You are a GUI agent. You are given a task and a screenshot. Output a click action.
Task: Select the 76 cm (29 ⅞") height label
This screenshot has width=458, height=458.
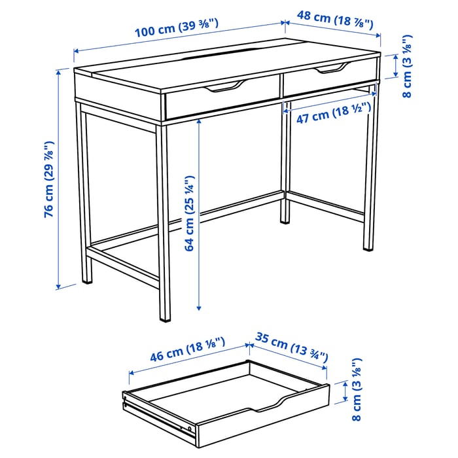tap(48, 179)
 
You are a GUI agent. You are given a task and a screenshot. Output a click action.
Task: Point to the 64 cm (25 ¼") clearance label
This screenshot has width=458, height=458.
tap(189, 213)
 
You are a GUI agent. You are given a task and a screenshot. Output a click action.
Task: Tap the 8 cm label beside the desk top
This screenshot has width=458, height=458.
tap(406, 67)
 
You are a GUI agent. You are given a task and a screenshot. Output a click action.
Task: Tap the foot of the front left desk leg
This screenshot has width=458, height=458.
tap(164, 319)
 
